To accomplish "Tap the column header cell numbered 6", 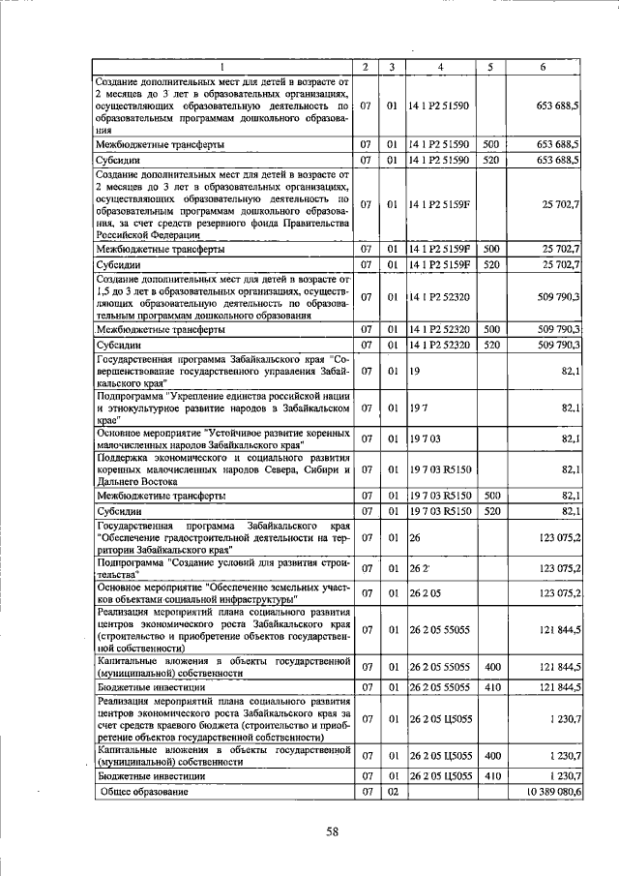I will coord(547,67).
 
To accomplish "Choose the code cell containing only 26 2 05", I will coord(425,592).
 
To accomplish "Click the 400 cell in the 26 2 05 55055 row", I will coord(491,667).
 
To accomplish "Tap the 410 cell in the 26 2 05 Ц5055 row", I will coord(491,776).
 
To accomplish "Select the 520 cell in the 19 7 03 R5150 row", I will coord(491,510).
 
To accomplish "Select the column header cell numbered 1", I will coord(221,67).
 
